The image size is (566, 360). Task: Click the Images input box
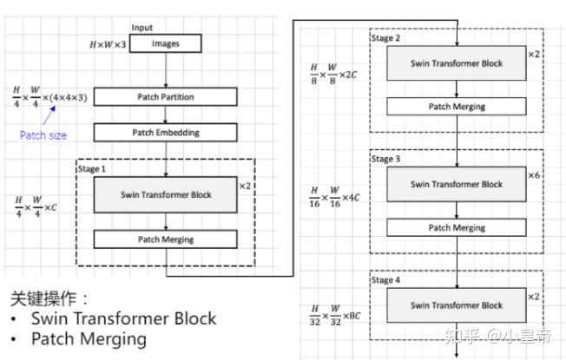pos(165,43)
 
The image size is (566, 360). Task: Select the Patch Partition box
pos(165,97)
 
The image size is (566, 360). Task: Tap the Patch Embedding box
pos(165,133)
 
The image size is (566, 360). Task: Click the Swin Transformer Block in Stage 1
pos(165,194)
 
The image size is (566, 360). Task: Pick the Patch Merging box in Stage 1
pos(165,239)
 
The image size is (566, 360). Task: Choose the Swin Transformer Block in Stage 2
pos(456,63)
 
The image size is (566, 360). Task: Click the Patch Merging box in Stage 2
pos(456,107)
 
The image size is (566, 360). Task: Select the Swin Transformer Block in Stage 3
pos(456,184)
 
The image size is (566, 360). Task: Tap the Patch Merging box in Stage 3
pos(456,227)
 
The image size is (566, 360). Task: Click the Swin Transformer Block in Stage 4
pos(456,305)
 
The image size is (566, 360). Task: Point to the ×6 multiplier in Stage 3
pos(534,175)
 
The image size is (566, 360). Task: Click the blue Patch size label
pos(43,135)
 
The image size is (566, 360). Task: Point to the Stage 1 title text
pos(92,169)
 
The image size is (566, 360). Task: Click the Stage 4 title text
pos(385,280)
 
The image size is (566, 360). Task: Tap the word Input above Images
pos(141,28)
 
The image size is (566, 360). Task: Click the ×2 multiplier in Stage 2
pos(534,54)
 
